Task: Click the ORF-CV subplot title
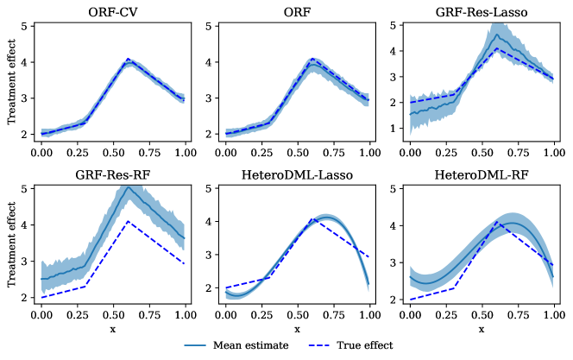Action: tap(111, 12)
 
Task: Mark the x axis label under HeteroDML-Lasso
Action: tap(296, 330)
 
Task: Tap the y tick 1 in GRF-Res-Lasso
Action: tap(394, 129)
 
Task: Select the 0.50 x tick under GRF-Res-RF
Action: tap(112, 316)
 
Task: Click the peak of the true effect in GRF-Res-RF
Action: tap(128, 222)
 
